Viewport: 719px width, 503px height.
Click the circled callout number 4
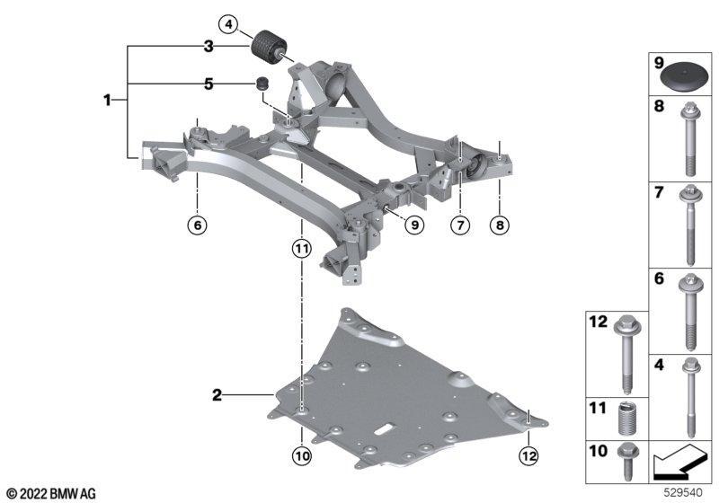228,24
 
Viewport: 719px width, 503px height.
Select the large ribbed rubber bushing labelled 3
271,48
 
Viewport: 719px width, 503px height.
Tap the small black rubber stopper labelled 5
262,84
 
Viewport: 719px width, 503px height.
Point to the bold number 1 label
107,100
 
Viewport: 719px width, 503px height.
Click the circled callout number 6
197,225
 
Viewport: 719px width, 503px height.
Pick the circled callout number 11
302,249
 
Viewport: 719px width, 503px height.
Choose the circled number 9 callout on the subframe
414,225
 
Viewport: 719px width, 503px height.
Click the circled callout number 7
460,225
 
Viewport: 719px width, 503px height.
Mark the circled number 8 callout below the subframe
500,225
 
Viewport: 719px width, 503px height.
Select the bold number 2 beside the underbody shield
217,395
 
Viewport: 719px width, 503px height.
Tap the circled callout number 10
302,455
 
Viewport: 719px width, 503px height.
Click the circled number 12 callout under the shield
528,455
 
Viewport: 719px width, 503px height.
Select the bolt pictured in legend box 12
626,354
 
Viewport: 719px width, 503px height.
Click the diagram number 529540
684,492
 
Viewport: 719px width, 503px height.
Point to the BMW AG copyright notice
51,494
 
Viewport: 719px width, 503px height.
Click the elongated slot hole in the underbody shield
386,429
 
